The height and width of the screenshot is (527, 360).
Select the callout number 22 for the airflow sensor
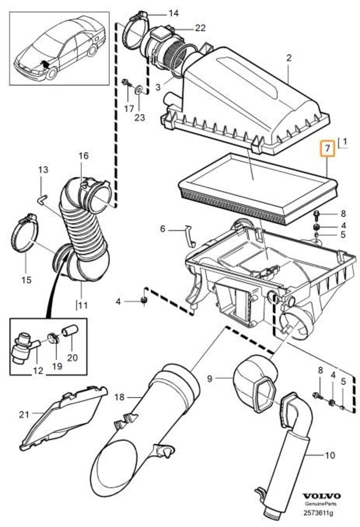pos(200,28)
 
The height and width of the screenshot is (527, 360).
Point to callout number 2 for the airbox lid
pos(289,58)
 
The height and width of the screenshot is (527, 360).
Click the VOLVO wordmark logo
pos(319,495)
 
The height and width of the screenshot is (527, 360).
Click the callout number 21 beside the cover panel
pos(24,414)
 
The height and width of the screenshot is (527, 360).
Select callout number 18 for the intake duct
pos(119,397)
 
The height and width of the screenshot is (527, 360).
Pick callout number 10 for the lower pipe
pos(329,455)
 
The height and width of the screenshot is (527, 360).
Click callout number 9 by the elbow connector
pos(209,379)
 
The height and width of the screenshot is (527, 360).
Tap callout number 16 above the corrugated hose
pos(84,156)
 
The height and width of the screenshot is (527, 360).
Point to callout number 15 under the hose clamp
pos(26,280)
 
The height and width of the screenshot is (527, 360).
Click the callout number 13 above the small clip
pos(43,170)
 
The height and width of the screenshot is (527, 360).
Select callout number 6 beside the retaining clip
pos(163,229)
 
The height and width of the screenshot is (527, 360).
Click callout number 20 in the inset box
pos(72,358)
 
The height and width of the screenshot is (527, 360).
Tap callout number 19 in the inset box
pos(56,366)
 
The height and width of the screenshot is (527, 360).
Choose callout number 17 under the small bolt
pos(129,108)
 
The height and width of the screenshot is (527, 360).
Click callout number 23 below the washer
pos(140,118)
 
